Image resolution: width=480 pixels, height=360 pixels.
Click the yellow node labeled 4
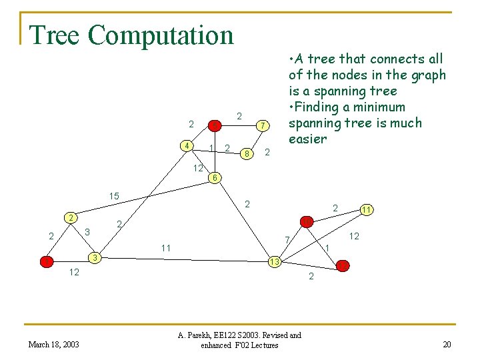pos(189,146)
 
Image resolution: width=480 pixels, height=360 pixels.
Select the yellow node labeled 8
pos(247,154)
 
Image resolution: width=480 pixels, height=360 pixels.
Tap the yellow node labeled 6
pos(213,178)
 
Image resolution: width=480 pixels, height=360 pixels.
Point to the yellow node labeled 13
pos(274,262)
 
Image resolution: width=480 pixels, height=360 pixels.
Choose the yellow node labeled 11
pos(366,210)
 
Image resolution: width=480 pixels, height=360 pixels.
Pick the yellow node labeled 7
pos(263,125)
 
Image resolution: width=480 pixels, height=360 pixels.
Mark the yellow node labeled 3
pos(96,257)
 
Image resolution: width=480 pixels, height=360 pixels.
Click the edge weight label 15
pos(114,196)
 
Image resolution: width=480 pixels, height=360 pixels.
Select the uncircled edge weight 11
pos(166,248)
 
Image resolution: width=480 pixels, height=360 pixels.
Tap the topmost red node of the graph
pos(215,125)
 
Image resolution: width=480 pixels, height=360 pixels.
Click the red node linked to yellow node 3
pos(46,261)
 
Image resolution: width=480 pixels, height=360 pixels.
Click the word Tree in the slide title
pos(55,35)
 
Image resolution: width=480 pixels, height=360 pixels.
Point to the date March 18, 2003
pos(53,344)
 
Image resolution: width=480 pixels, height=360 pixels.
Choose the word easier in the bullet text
pos(308,139)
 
